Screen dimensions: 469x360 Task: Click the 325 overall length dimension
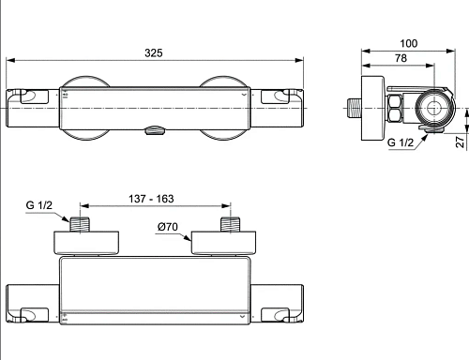154,52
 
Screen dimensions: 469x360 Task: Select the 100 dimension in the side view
409,43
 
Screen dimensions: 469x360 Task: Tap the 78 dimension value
401,58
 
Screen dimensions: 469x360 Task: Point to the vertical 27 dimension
460,142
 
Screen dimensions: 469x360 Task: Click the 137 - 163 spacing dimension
151,199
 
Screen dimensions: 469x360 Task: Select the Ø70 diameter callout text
168,227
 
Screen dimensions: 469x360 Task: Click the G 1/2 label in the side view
401,142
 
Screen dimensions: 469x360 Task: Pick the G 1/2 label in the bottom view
39,205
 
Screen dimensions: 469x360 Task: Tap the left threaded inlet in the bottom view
80,224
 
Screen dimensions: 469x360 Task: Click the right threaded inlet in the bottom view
231,224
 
